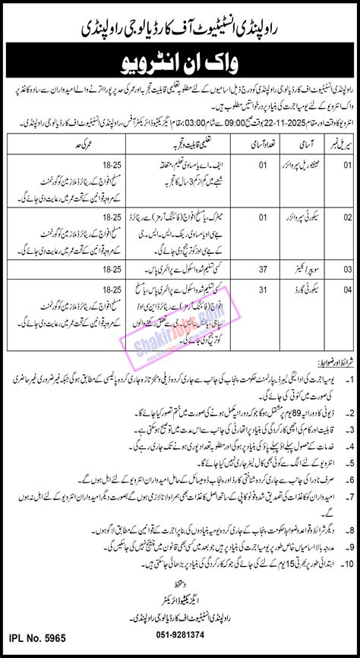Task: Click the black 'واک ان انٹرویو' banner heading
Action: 180,58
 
